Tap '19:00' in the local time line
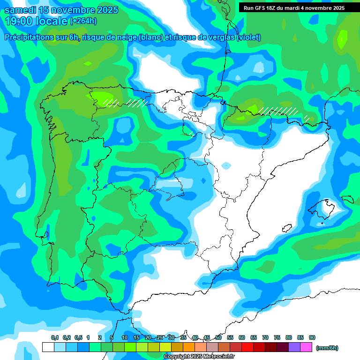pos(18,21)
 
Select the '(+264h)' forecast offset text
pos(83,21)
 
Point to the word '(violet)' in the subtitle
pos(249,37)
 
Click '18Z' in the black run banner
pos(271,8)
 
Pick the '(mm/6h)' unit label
pos(327,348)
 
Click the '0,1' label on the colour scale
pos(55,337)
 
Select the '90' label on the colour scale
pos(312,337)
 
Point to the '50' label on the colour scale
pos(218,337)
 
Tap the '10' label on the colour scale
pos(125,337)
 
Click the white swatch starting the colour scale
pos(48,347)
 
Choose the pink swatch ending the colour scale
pos(306,347)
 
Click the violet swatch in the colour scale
pos(294,347)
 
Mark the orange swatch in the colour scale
pos(189,347)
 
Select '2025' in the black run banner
pos(337,8)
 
